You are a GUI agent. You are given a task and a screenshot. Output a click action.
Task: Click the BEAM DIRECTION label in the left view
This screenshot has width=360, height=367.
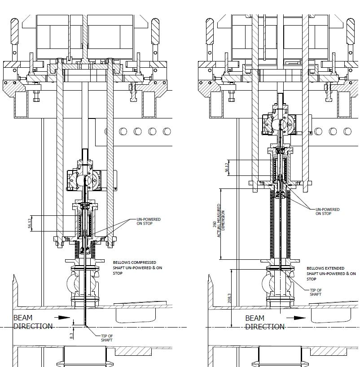(33, 322)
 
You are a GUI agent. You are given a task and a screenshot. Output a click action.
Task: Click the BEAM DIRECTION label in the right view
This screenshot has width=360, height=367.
(264, 322)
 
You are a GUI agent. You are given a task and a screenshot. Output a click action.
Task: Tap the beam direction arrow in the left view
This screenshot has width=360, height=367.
(65, 318)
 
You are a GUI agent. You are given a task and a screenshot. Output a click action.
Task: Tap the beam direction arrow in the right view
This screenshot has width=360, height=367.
(297, 318)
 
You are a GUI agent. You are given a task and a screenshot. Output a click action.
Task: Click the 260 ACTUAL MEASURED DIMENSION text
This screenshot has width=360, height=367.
(221, 224)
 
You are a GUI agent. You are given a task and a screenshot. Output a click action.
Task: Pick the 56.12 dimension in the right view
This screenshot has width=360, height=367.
(227, 167)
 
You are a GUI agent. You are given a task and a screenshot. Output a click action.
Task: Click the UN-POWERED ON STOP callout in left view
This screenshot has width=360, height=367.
(148, 221)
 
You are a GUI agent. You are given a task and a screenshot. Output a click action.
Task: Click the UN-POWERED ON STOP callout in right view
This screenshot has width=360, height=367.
(327, 211)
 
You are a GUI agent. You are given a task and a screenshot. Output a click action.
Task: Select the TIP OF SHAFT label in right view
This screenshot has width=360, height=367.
(316, 292)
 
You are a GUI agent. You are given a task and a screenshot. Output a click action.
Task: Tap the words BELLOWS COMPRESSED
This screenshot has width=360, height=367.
(135, 262)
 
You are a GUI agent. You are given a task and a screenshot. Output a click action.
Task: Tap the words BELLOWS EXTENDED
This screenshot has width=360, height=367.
(325, 268)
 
